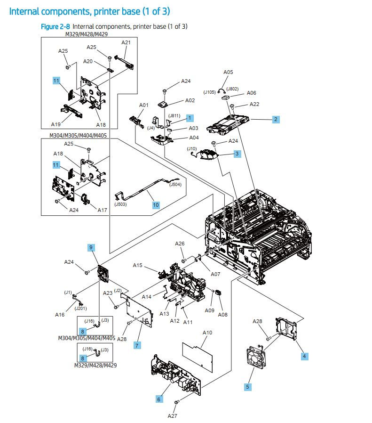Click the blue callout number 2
click(x=276, y=119)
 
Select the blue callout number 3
click(x=237, y=154)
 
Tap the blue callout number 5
click(x=248, y=387)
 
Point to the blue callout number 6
click(x=159, y=399)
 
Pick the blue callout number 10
click(x=156, y=205)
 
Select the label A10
click(x=207, y=333)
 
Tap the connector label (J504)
click(x=176, y=185)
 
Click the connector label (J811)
click(x=175, y=116)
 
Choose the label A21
click(x=126, y=42)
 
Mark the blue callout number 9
click(x=91, y=247)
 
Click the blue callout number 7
click(x=137, y=345)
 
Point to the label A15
click(x=137, y=265)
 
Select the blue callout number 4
click(x=304, y=356)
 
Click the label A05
click(x=228, y=72)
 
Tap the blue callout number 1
click(x=190, y=117)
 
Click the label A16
click(x=59, y=315)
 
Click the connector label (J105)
click(x=210, y=92)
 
